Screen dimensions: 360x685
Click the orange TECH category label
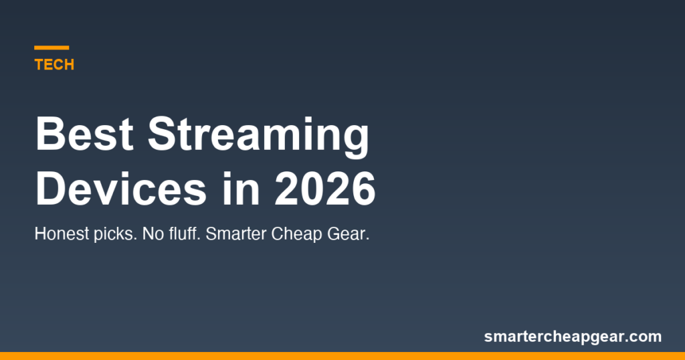[54, 65]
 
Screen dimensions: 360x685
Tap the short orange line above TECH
[52, 48]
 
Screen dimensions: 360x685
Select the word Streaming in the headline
[258, 136]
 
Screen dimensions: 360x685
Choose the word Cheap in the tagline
[297, 236]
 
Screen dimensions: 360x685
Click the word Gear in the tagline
[349, 235]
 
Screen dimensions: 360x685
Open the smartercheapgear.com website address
[573, 337]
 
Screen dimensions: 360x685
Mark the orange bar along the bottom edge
[342, 355]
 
